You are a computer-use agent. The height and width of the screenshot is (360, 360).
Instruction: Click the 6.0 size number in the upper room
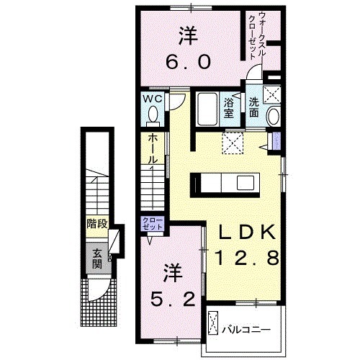coord(190,63)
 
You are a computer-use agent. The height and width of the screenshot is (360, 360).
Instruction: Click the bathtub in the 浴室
coord(207,108)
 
